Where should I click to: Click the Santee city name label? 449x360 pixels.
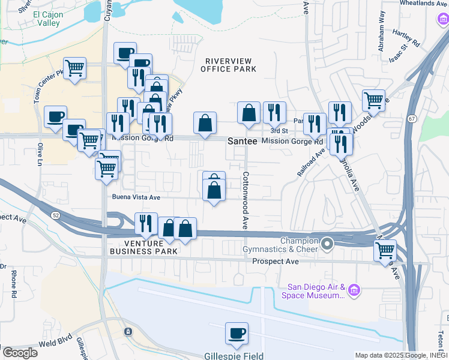click(243, 140)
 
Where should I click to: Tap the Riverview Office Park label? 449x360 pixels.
click(231, 65)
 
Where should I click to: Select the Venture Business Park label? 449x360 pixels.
click(143, 247)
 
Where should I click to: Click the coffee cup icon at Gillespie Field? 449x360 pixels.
click(237, 334)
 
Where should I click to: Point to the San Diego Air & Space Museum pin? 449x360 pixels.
click(354, 290)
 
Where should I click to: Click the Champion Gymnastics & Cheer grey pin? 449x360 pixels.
click(327, 244)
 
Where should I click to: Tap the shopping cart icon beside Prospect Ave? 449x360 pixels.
click(385, 250)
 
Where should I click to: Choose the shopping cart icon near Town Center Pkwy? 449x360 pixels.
click(75, 68)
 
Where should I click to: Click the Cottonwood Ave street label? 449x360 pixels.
click(245, 200)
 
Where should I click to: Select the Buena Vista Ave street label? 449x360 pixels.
click(136, 197)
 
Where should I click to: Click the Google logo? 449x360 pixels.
click(20, 353)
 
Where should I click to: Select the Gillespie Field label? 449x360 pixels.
click(234, 356)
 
